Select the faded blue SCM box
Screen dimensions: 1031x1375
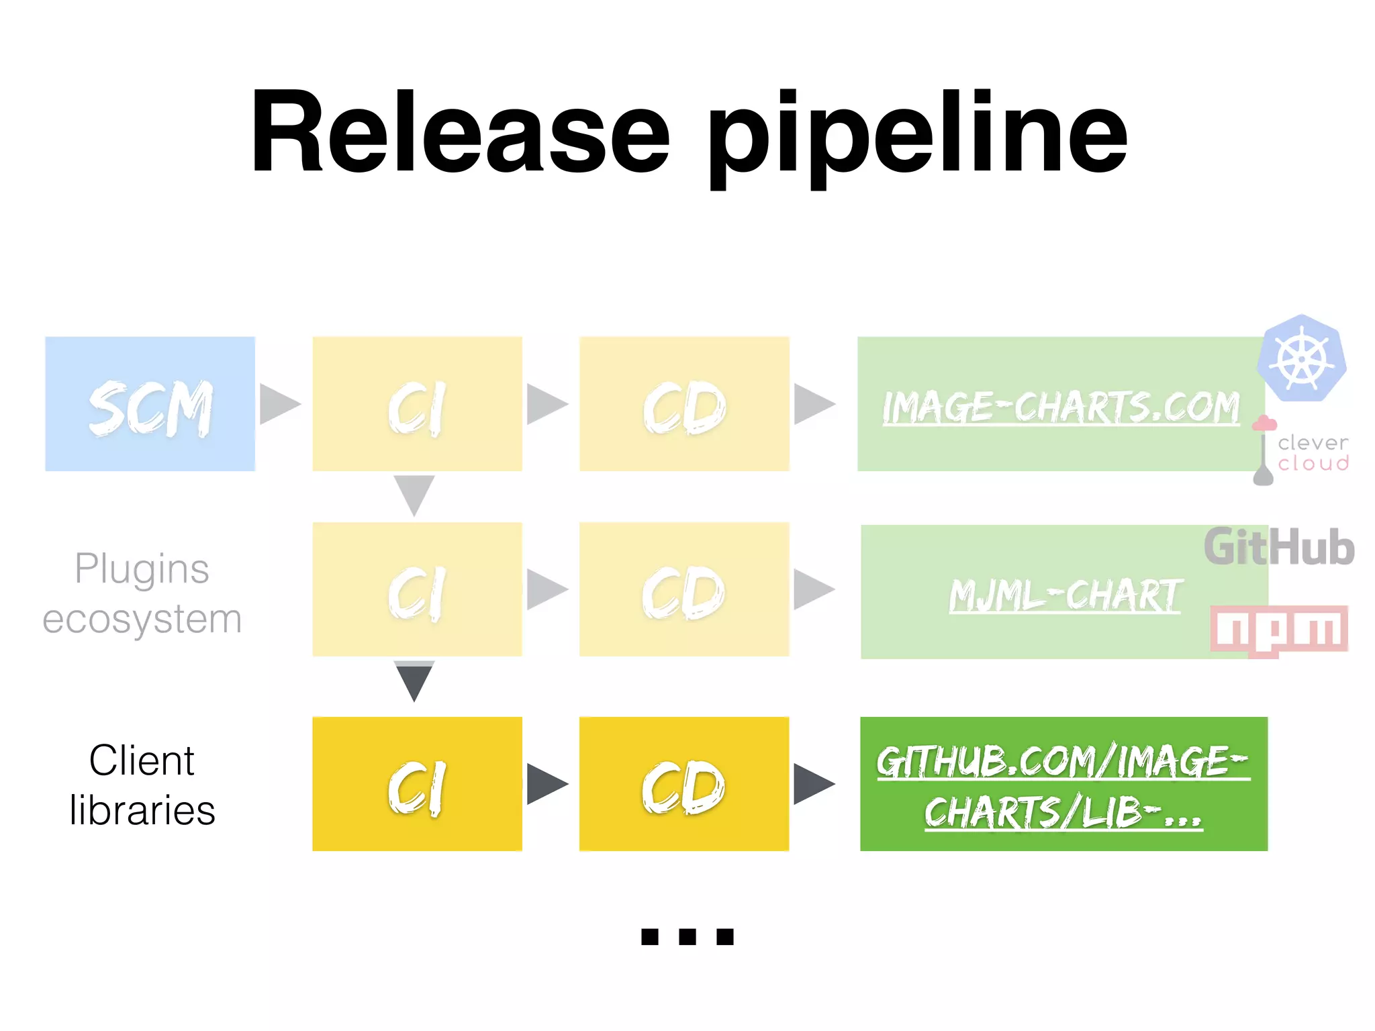point(150,404)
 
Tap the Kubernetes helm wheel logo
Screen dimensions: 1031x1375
point(1302,359)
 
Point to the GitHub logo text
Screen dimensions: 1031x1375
point(1278,547)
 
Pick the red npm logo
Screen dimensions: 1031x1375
point(1278,630)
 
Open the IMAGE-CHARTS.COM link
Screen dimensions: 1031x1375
point(1061,407)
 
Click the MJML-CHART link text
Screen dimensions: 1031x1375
point(1065,595)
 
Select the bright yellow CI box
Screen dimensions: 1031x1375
point(417,784)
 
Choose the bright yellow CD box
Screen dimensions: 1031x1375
point(683,784)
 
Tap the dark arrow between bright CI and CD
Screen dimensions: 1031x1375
point(547,783)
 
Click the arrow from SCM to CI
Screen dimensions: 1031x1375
point(279,404)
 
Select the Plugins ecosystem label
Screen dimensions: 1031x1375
point(142,593)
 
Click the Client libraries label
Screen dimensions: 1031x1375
point(142,785)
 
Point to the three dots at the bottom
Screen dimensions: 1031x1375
point(687,936)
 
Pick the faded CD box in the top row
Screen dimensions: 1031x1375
point(683,404)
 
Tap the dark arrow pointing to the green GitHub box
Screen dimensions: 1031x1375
point(813,783)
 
